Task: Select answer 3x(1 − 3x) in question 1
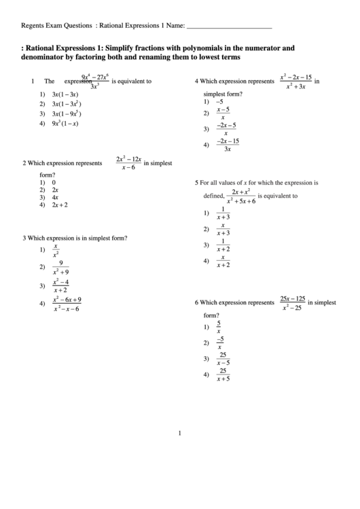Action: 65,94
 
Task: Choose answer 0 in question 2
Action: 54,182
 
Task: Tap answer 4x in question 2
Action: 55,197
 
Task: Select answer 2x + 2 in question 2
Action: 60,205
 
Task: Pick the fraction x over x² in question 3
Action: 56,250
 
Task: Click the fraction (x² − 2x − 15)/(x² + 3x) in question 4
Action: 295,82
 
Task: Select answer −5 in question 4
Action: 219,101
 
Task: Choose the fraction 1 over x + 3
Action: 223,213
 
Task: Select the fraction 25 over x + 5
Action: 223,374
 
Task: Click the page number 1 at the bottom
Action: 179,432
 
